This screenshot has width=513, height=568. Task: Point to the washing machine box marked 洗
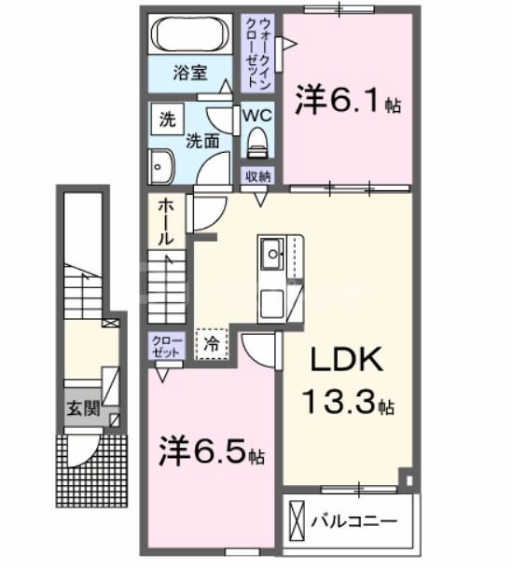click(167, 119)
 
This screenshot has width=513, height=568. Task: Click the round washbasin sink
click(160, 167)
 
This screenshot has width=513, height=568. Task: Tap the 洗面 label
click(201, 141)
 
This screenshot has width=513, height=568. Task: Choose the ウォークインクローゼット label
click(256, 51)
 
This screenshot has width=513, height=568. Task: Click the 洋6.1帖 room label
click(348, 100)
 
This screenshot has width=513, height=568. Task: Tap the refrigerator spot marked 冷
click(210, 342)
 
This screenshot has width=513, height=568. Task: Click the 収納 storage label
click(259, 176)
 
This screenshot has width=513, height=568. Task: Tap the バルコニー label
click(354, 519)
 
